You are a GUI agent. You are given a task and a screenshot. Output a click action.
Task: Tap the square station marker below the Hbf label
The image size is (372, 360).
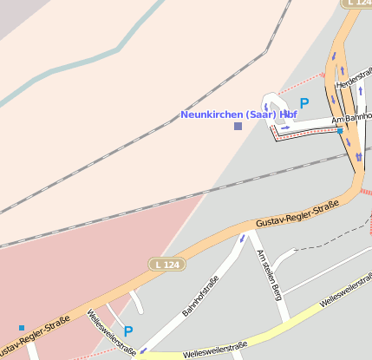pos(238,127)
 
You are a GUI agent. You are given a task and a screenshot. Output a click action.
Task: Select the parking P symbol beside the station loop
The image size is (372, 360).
pos(304,103)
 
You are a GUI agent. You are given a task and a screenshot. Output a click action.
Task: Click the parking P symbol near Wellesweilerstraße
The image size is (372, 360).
pos(128,331)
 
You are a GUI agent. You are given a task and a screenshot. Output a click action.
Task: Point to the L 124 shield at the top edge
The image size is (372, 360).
pos(357,3)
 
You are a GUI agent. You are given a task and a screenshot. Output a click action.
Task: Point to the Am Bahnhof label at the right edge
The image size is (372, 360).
pos(351,120)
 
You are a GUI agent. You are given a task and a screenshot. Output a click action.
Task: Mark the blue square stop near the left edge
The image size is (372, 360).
pos(22,328)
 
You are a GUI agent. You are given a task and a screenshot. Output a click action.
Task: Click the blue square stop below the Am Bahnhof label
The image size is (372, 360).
pos(341,131)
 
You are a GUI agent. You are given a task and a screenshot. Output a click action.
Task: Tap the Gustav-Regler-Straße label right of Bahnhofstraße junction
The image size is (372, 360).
pos(297,215)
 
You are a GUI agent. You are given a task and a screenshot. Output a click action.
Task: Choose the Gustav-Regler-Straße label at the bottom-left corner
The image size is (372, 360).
pos(35,336)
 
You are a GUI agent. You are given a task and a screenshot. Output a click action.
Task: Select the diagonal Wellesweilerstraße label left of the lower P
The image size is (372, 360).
pos(111,335)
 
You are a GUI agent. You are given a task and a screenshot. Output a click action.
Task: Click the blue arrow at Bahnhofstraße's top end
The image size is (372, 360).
pos(242,237)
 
